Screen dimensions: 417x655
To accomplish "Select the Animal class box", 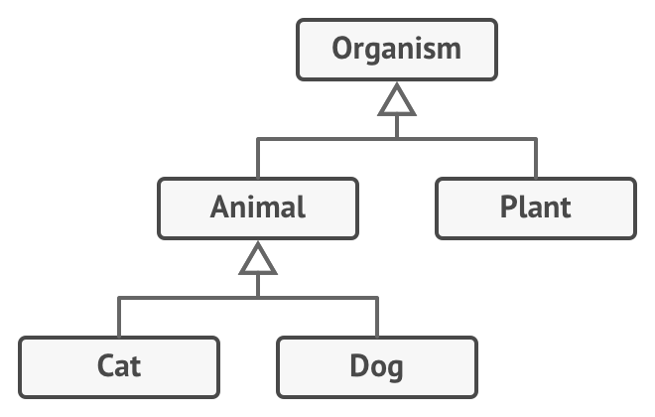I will pos(258,208).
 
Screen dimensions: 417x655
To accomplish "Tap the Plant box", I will pos(535,208).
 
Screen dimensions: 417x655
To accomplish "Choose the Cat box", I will pos(119,366).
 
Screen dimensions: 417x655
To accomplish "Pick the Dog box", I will pos(376,366).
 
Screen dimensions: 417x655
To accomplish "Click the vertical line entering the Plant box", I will pos(536,159).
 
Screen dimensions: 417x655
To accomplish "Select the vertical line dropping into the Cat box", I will pos(119,317).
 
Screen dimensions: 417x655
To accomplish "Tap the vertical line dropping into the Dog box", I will pos(377,317).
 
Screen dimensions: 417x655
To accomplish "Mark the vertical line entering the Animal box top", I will pos(258,159).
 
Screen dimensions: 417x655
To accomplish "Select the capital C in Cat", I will pos(106,366).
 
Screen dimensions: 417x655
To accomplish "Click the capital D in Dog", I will pos(359,366).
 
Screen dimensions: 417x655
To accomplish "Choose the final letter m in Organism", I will pos(450,50).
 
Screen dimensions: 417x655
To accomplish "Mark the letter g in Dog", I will pos(394,369).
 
